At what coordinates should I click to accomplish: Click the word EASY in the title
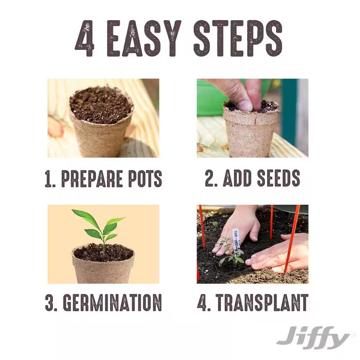[144, 39]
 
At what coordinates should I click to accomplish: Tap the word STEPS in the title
[238, 39]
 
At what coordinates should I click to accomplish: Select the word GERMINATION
[112, 303]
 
